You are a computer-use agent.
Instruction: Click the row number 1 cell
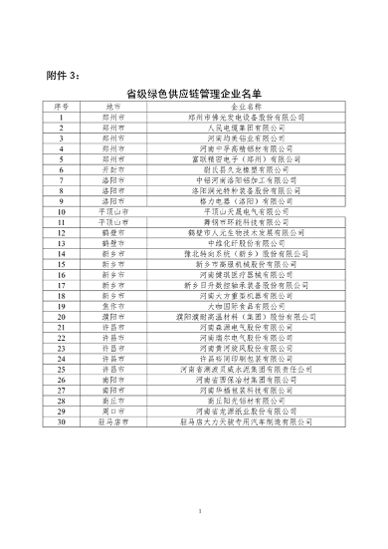click(61, 119)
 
